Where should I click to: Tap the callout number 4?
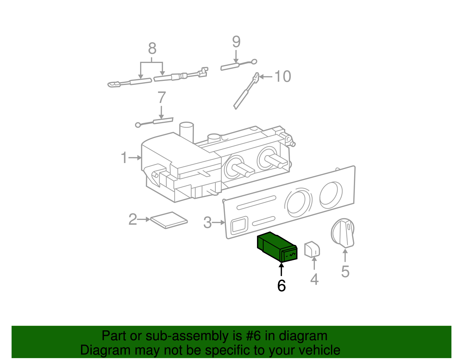[314, 279]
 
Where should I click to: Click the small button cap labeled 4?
[312, 249]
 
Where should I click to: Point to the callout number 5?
[345, 271]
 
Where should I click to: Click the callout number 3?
[207, 223]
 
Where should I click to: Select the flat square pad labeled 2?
[169, 220]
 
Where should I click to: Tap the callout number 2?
[133, 219]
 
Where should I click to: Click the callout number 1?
[124, 158]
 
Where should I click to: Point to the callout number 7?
[161, 98]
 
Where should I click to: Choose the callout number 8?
[152, 49]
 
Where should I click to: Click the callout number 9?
[236, 42]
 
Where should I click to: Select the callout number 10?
[282, 77]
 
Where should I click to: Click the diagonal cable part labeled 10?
[245, 93]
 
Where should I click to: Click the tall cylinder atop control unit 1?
[186, 132]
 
